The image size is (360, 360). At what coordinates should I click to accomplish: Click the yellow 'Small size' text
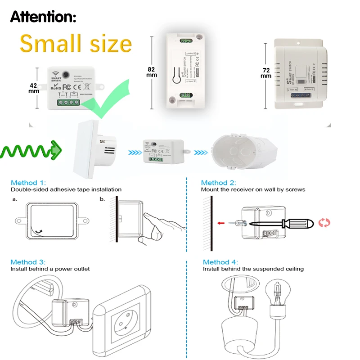[76, 44]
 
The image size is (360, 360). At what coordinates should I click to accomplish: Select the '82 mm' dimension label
[152, 72]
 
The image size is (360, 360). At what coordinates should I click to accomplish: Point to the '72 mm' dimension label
[266, 73]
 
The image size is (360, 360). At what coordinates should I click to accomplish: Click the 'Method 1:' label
[28, 183]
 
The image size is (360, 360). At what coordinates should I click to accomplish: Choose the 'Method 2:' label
[218, 183]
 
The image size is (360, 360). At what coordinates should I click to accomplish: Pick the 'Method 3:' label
[28, 262]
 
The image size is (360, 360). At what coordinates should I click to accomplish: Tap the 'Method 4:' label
[220, 262]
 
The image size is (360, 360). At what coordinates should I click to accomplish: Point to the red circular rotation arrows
[324, 222]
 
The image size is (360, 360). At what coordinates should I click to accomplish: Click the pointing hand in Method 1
[162, 227]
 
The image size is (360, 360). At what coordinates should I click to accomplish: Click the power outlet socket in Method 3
[126, 322]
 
